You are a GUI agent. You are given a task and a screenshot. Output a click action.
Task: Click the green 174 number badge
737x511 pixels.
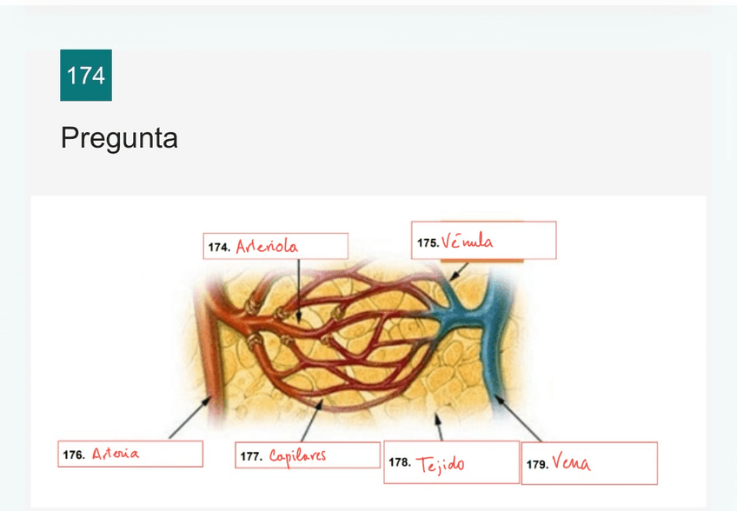[86, 76]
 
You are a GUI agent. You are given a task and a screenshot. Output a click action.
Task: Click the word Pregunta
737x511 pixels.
[119, 137]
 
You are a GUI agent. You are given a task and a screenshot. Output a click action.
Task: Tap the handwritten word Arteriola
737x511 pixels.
[267, 247]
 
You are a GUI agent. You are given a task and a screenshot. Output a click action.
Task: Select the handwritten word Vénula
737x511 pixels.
[467, 242]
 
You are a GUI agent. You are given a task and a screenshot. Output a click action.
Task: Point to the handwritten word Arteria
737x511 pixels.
[116, 454]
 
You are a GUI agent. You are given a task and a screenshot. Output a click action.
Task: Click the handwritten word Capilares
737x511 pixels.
[298, 455]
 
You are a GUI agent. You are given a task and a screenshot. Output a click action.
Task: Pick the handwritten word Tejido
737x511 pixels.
[440, 465]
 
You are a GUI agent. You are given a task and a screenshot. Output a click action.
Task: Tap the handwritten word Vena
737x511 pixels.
[571, 464]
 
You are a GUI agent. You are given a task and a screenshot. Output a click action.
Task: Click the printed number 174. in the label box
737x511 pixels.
[219, 248]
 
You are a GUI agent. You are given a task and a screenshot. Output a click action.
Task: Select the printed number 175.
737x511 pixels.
[428, 244]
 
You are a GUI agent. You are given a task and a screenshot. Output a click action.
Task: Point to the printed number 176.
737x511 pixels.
[74, 455]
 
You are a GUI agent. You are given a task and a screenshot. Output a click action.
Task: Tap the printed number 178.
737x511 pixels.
[400, 462]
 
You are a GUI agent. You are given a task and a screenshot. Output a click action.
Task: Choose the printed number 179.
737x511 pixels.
[536, 465]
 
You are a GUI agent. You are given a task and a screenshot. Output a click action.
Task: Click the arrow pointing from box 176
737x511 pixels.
[189, 418]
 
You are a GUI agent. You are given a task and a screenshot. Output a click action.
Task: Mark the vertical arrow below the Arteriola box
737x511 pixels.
[298, 291]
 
